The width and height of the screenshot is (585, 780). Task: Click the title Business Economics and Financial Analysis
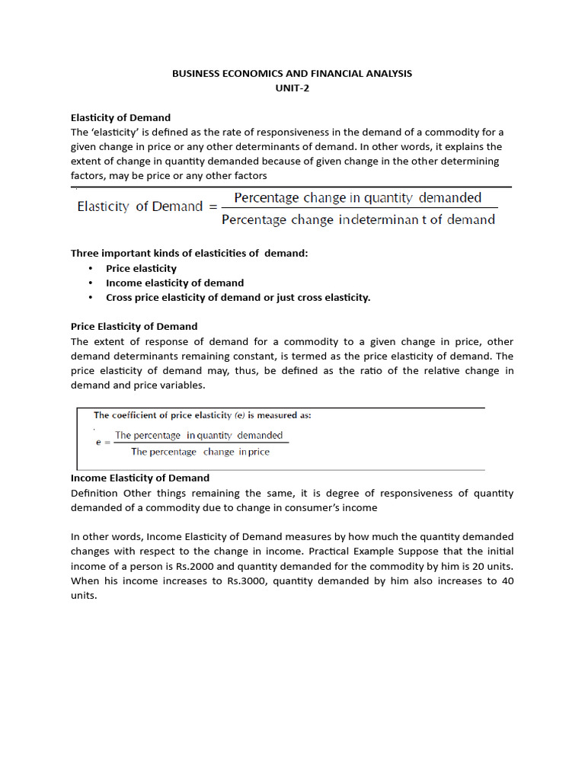(292, 74)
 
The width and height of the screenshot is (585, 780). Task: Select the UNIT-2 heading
(292, 88)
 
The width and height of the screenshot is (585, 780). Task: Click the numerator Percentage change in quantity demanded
(357, 198)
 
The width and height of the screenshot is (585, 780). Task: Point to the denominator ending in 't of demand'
(358, 220)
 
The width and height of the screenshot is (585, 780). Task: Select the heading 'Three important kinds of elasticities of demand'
(189, 254)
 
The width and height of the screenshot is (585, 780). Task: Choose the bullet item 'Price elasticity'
(141, 268)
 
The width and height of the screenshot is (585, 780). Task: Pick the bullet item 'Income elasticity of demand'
(174, 283)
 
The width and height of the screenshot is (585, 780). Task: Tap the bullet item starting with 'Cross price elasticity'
(238, 297)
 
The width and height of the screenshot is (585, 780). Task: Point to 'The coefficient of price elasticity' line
(202, 415)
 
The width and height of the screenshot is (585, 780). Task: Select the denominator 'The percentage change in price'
(200, 452)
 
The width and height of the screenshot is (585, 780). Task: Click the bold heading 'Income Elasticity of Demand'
(139, 478)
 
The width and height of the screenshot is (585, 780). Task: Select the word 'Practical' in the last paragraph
(416, 551)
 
